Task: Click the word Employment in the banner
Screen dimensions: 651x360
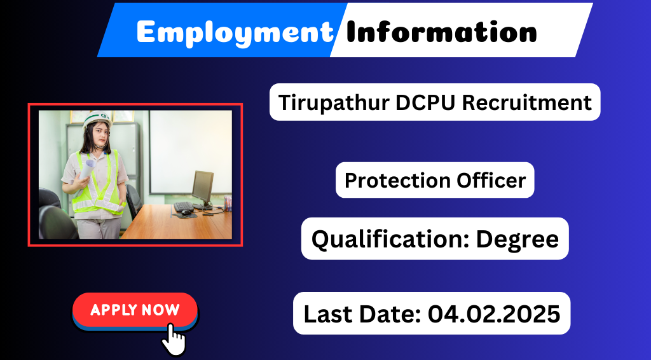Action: click(x=235, y=32)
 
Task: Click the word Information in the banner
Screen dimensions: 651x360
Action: click(x=441, y=32)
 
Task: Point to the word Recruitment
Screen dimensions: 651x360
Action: click(x=527, y=102)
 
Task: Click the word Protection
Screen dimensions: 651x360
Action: click(x=397, y=180)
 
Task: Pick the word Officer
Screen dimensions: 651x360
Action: click(x=491, y=180)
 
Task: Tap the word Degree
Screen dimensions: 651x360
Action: click(x=517, y=240)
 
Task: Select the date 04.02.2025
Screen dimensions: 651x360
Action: click(x=494, y=314)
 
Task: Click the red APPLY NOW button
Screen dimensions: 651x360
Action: click(x=135, y=310)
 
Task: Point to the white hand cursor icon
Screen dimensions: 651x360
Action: click(x=174, y=340)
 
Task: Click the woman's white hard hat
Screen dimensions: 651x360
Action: click(x=97, y=119)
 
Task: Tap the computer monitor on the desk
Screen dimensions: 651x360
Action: click(x=203, y=188)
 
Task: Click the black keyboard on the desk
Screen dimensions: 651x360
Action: click(x=184, y=206)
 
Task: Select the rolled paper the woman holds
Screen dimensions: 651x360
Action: click(x=87, y=169)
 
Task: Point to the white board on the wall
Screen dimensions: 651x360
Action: click(x=190, y=152)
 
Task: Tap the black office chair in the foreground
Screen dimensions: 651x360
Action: click(x=57, y=222)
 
